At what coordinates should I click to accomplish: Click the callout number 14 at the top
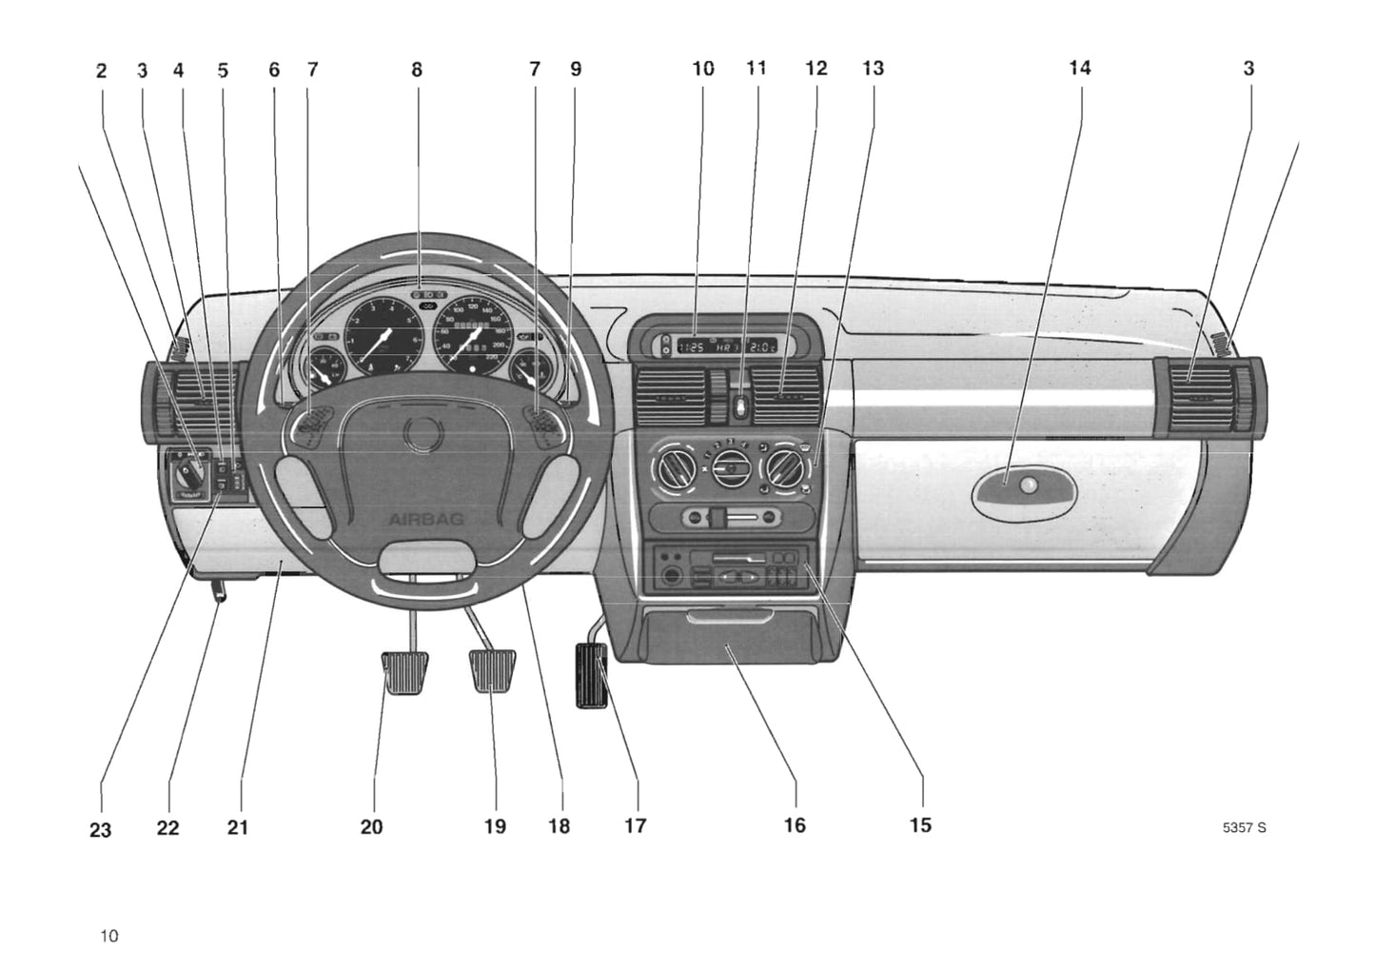[1079, 68]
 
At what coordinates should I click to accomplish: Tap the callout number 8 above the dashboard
[417, 69]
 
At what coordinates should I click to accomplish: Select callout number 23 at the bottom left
[100, 830]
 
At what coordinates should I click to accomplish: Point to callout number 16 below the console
[795, 825]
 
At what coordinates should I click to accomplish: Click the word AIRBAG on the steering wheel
[419, 519]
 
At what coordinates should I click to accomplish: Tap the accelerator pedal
[591, 674]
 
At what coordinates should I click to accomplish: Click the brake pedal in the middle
[492, 670]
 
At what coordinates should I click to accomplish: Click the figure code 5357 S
[1244, 827]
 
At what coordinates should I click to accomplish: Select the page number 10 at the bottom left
[109, 936]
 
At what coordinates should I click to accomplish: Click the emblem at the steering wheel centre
[419, 434]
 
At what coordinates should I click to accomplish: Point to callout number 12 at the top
[815, 69]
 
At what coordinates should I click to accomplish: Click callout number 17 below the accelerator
[635, 825]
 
